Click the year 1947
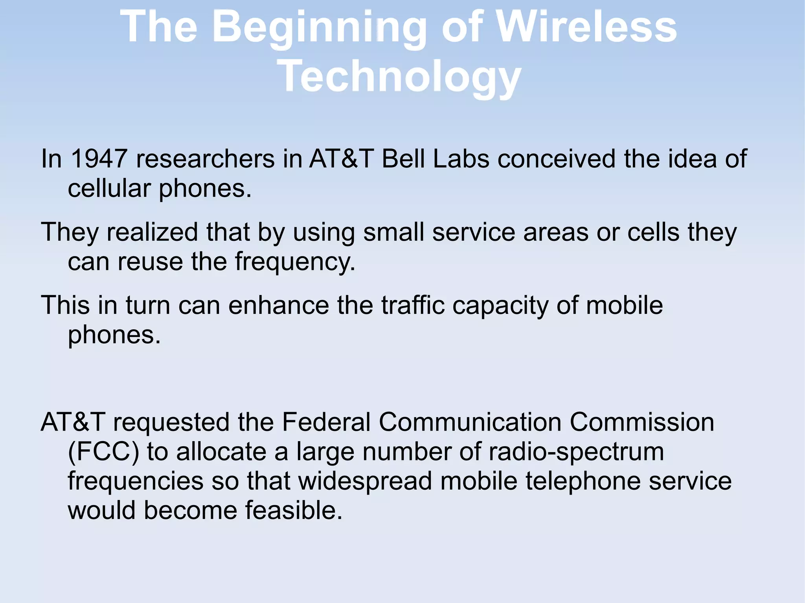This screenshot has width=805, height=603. pos(99,159)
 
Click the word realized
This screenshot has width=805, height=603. pos(152,232)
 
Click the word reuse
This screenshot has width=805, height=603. pos(150,261)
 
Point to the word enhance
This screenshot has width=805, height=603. pos(279,305)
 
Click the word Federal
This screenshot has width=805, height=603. pos(326,422)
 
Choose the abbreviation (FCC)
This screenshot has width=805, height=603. pos(103,452)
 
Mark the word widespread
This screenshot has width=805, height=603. pos(365,481)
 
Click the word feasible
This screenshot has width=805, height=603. pos(294,510)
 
